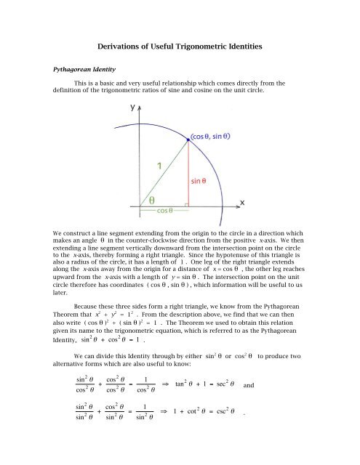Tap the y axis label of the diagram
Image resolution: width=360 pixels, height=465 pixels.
coord(134,108)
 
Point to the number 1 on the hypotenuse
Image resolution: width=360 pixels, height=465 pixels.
coord(155,164)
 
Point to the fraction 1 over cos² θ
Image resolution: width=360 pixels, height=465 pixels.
coord(172,403)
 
